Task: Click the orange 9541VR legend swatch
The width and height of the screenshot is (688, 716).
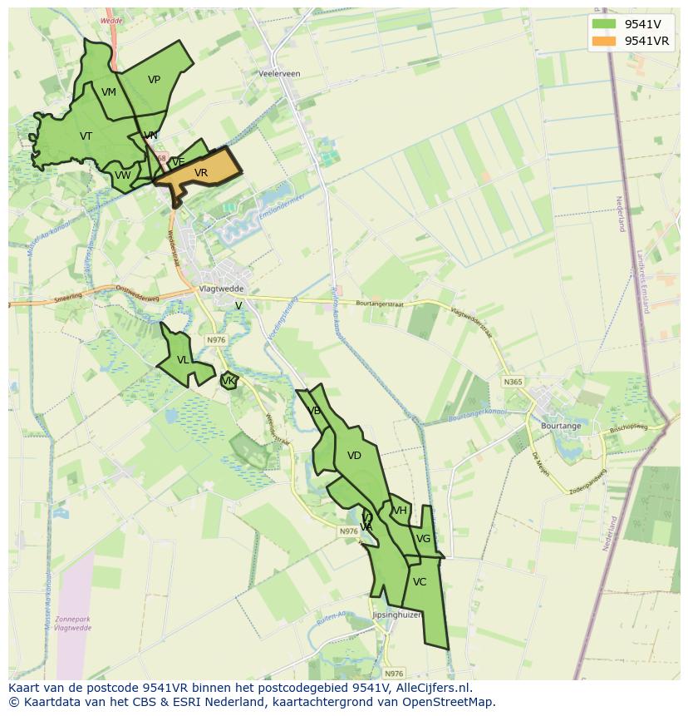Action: pyautogui.click(x=604, y=41)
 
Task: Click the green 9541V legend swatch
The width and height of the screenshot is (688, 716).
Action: pyautogui.click(x=604, y=24)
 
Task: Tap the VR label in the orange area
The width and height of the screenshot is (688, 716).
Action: pyautogui.click(x=201, y=173)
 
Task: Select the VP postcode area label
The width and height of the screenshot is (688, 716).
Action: pyautogui.click(x=154, y=80)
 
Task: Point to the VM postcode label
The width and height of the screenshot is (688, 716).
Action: pyautogui.click(x=109, y=92)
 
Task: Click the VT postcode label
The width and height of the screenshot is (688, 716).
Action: pyautogui.click(x=86, y=136)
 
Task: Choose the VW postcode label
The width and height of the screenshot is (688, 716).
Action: pyautogui.click(x=123, y=175)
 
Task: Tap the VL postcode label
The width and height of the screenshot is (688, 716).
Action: pyautogui.click(x=183, y=360)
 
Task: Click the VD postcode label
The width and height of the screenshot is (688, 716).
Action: pyautogui.click(x=354, y=456)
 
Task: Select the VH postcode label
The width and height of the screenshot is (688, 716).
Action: pyautogui.click(x=401, y=511)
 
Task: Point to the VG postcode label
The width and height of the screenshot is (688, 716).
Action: pyautogui.click(x=423, y=539)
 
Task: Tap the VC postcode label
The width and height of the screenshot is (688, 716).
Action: pyautogui.click(x=420, y=582)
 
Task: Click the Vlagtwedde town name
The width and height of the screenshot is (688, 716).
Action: pyautogui.click(x=220, y=289)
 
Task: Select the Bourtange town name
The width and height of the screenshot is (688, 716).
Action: pyautogui.click(x=561, y=426)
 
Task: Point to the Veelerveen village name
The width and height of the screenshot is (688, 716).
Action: pyautogui.click(x=279, y=74)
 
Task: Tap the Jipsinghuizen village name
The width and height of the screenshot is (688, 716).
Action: pyautogui.click(x=397, y=615)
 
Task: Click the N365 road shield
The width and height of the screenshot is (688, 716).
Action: pyautogui.click(x=513, y=382)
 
